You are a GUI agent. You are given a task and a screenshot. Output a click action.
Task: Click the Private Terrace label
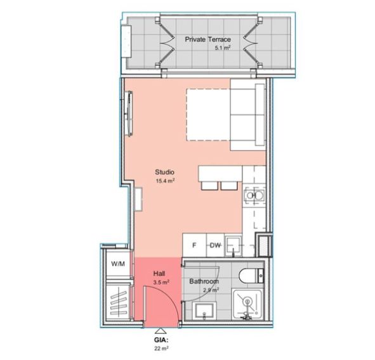208,39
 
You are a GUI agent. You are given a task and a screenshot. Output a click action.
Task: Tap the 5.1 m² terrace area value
223,48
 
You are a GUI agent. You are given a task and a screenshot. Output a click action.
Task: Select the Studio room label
164,172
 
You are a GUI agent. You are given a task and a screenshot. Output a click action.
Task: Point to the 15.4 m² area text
165,181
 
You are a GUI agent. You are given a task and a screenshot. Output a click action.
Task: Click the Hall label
159,274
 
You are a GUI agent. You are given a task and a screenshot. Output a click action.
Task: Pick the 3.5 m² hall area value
161,283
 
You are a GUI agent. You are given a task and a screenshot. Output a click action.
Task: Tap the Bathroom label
204,281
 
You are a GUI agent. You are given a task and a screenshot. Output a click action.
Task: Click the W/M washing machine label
118,264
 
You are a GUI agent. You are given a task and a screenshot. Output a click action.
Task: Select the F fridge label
194,245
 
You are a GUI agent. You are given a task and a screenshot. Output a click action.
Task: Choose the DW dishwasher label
215,245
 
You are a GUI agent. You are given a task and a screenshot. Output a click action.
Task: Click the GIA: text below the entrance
161,340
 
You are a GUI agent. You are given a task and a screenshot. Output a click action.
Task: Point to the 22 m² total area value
161,349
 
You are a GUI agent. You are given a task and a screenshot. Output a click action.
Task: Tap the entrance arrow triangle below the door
161,331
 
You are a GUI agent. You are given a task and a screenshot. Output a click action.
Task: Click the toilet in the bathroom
251,276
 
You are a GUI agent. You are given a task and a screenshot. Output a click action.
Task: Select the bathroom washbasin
204,310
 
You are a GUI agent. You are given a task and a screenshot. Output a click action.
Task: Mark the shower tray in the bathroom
247,305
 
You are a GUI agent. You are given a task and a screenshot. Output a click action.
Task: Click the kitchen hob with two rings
254,196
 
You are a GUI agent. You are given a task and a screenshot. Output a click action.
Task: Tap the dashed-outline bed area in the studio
208,115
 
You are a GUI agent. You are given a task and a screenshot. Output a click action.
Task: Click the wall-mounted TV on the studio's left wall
130,114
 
